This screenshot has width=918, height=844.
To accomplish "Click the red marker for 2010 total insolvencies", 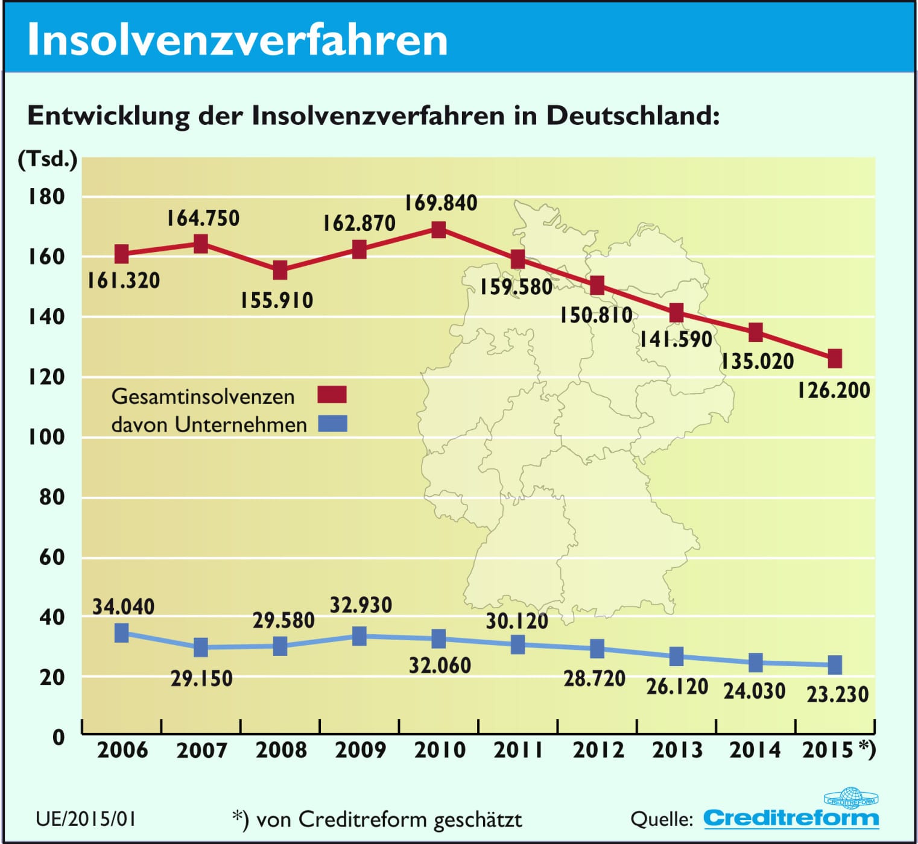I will tap(438, 230).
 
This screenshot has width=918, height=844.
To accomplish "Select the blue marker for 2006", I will tap(122, 633).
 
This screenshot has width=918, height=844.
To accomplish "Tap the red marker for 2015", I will tap(835, 359).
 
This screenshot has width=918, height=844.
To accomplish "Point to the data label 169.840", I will tap(441, 203).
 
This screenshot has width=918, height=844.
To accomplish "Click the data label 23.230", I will tap(838, 694).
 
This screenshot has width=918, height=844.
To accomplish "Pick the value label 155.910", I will tap(277, 300).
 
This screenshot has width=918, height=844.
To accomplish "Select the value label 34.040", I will tap(124, 606).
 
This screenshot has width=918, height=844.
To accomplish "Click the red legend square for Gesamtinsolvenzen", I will tap(332, 395).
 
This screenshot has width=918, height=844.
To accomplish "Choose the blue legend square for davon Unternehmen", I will tap(332, 424).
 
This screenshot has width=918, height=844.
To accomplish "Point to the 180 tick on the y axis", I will tap(46, 197).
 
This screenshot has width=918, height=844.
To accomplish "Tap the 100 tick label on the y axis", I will tap(46, 436).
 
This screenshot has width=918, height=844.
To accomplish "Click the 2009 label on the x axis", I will tap(360, 750).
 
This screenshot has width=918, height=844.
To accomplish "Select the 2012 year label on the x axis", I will tap(598, 750).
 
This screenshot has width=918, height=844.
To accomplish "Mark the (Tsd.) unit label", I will tap(48, 159).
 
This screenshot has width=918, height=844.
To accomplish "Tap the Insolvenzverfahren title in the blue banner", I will tap(238, 40).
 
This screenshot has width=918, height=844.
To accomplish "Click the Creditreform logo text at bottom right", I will tap(791, 818).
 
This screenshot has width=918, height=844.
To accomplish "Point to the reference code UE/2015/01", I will tap(86, 819).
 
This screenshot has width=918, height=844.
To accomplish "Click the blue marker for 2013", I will tap(677, 656).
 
